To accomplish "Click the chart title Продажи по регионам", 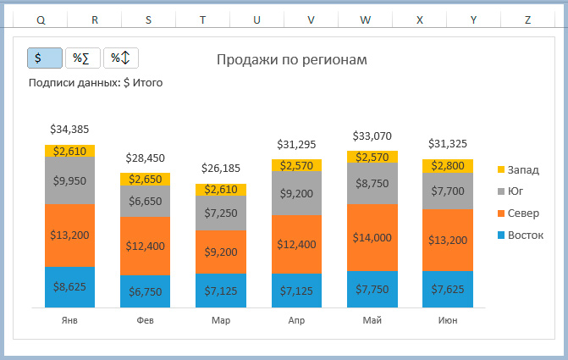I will pos(292,59).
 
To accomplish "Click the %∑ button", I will pos(82,58).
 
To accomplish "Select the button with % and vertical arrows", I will pos(120,58).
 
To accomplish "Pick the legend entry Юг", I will pos(516,191).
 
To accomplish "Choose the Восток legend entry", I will pos(525,234).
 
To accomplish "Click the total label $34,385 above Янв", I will pos(69,130).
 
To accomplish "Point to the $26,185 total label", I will pos(220,169).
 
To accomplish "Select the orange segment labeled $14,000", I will pos(372,238).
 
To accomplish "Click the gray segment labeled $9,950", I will pos(69,180).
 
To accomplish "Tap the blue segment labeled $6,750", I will pos(145,291).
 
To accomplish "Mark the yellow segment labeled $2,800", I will pos(447,166).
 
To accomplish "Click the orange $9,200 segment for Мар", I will pos(220,252).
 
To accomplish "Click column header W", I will pos(365,19).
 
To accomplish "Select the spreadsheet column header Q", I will pos(41,19).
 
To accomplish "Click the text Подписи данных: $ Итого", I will pos(96,83).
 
